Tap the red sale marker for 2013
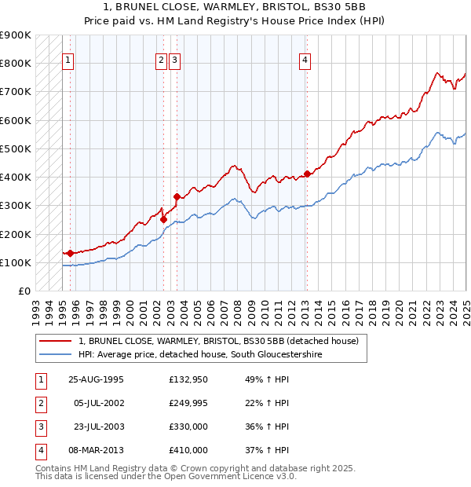[307, 174]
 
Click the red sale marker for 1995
[71, 253]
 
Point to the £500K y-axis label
[16, 148]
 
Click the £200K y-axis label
[16, 234]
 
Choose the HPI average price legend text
[200, 355]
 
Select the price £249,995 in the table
[188, 404]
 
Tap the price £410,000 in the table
[188, 450]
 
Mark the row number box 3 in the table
[39, 427]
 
